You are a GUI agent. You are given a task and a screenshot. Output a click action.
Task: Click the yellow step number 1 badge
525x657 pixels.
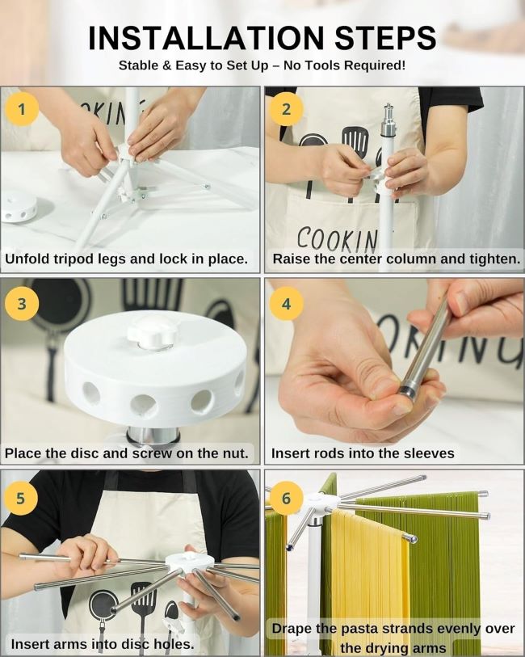pyautogui.click(x=22, y=108)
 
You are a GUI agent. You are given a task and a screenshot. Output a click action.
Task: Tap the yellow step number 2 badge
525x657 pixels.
pyautogui.click(x=286, y=108)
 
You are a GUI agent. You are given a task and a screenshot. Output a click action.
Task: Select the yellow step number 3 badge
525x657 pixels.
pyautogui.click(x=22, y=303)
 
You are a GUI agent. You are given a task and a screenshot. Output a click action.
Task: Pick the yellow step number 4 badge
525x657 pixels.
pyautogui.click(x=286, y=303)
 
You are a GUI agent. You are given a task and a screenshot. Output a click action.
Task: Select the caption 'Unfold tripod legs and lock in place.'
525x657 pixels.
pyautogui.click(x=127, y=259)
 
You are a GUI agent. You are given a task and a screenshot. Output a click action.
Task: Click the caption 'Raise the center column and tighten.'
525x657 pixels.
pyautogui.click(x=396, y=259)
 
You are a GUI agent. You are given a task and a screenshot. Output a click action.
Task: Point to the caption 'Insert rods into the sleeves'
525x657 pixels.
pyautogui.click(x=363, y=453)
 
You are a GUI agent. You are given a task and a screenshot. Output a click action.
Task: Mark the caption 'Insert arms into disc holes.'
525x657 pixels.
pyautogui.click(x=103, y=644)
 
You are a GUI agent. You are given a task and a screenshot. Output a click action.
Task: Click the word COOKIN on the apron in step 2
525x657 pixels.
pyautogui.click(x=337, y=239)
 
